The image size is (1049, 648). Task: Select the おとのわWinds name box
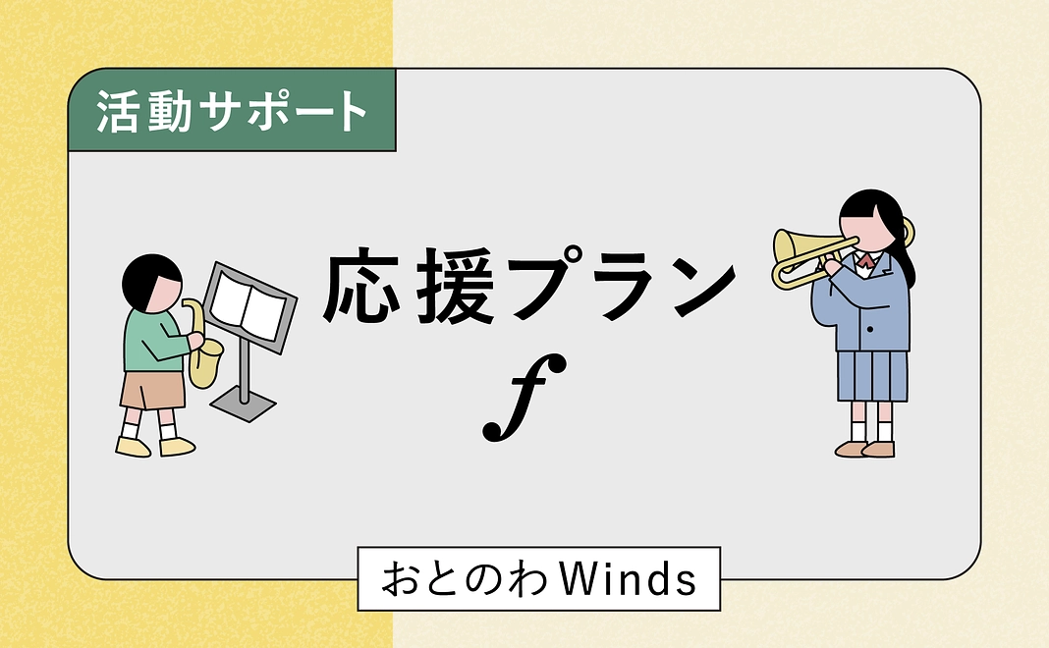(x=537, y=579)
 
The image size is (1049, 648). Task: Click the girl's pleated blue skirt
(x=872, y=375)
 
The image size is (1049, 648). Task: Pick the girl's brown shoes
(x=865, y=449)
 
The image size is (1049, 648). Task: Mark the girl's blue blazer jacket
(x=874, y=304)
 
